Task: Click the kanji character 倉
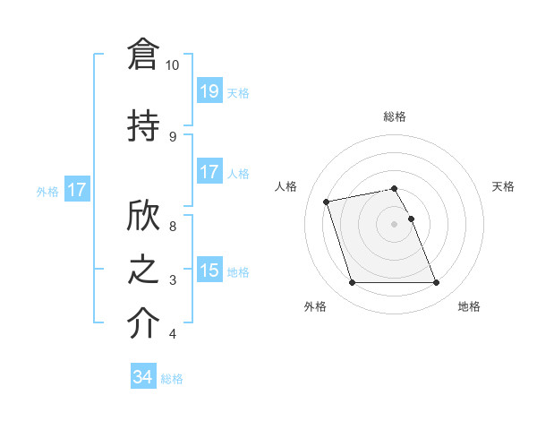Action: tap(142, 56)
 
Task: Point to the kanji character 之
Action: tap(142, 270)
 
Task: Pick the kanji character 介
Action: tap(142, 323)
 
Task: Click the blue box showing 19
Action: tap(209, 91)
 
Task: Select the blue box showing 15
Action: tap(209, 271)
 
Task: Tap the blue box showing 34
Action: tap(143, 378)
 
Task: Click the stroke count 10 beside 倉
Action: tap(173, 65)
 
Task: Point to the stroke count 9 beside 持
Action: tap(173, 136)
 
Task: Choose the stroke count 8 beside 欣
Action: tap(173, 227)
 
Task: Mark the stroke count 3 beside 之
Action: tap(173, 280)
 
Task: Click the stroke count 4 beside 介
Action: tap(173, 334)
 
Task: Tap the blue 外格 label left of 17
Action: tap(47, 191)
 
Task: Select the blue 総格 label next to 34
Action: tap(172, 379)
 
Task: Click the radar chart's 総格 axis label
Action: tap(395, 116)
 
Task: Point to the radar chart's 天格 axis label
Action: tap(504, 186)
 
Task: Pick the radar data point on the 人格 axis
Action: tap(327, 201)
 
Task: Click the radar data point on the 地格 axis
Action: tap(436, 283)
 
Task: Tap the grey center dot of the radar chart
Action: tap(395, 223)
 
